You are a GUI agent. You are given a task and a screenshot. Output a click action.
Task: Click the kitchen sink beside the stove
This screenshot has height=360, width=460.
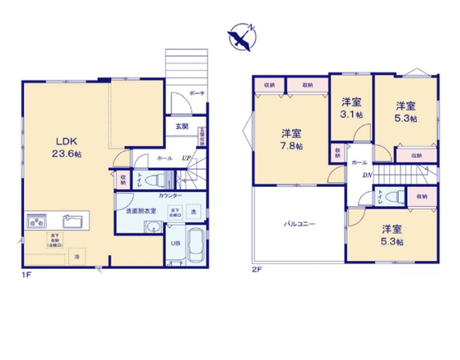[x=73, y=220]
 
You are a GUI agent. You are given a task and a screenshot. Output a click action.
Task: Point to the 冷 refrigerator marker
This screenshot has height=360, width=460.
[x=77, y=256]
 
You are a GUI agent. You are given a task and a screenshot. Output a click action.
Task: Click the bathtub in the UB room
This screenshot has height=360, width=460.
[x=195, y=246]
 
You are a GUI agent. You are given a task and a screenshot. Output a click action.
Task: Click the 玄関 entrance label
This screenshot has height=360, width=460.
[x=181, y=127]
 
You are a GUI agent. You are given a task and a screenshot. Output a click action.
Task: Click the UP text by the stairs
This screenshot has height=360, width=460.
[x=186, y=159]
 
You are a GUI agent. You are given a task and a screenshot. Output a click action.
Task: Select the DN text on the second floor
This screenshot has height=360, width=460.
[x=366, y=176]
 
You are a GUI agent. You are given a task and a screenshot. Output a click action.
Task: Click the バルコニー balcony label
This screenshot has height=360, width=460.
[x=300, y=224]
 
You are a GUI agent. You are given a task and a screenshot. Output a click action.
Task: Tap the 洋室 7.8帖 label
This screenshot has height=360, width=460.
[x=291, y=140]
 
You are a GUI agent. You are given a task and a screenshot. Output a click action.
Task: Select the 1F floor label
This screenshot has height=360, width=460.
[x=25, y=277]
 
